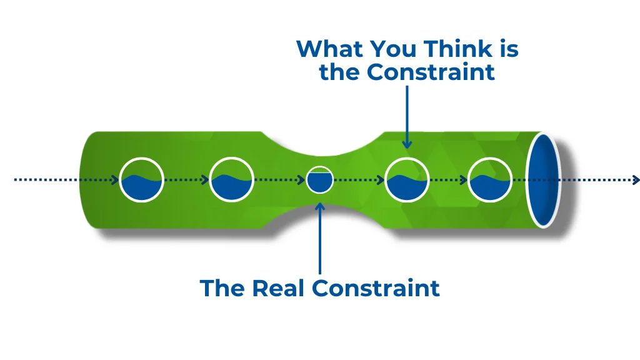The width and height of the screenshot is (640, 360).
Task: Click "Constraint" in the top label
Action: (x=431, y=72)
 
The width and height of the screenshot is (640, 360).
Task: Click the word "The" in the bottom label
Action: (x=223, y=288)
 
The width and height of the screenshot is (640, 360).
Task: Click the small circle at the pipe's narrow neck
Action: (x=320, y=180)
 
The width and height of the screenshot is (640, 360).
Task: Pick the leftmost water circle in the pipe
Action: (x=141, y=180)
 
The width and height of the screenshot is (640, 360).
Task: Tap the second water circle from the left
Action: (x=231, y=180)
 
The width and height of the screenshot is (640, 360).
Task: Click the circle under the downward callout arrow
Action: (x=407, y=180)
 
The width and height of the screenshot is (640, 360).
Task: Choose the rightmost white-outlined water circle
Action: (x=490, y=180)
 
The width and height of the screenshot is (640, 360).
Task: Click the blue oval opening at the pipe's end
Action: (x=542, y=179)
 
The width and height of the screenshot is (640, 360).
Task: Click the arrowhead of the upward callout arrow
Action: (x=320, y=207)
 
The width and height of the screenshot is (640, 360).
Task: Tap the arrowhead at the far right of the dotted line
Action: (x=636, y=180)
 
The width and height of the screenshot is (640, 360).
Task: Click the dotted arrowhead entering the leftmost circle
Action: (x=116, y=180)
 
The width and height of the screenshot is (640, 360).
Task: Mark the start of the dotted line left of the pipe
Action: (x=16, y=180)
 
